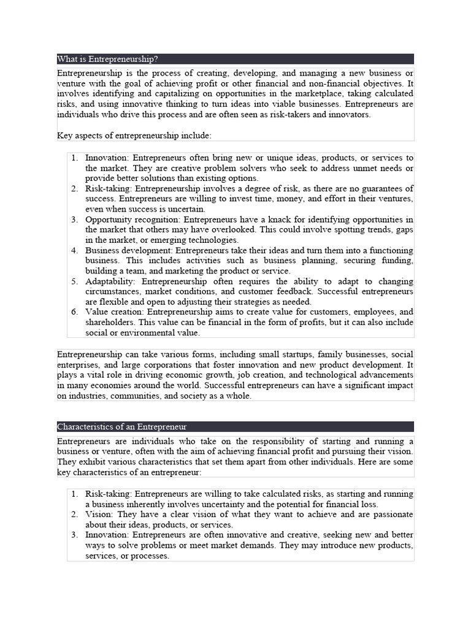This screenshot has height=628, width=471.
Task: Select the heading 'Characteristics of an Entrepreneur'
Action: click(x=122, y=426)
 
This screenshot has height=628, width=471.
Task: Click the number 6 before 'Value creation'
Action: click(x=74, y=312)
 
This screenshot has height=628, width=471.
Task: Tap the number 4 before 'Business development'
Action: click(x=74, y=251)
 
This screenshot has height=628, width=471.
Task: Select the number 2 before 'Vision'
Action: click(x=74, y=514)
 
